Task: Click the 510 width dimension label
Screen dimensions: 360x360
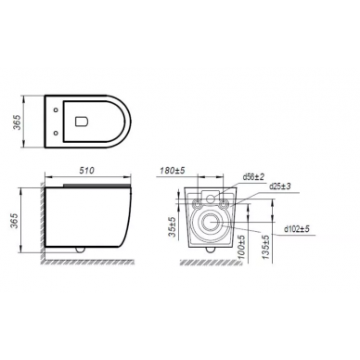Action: coord(86,170)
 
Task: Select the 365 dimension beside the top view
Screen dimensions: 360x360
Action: coord(18,122)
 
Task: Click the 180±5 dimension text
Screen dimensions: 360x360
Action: coord(173,170)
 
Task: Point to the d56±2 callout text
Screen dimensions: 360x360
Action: coord(253,177)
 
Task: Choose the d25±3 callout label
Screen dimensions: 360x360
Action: coord(280,186)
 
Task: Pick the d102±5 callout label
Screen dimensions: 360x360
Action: coord(297,229)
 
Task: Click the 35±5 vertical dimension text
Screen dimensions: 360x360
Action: coord(173,227)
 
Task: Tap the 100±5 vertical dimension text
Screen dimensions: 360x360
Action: coord(242,247)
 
